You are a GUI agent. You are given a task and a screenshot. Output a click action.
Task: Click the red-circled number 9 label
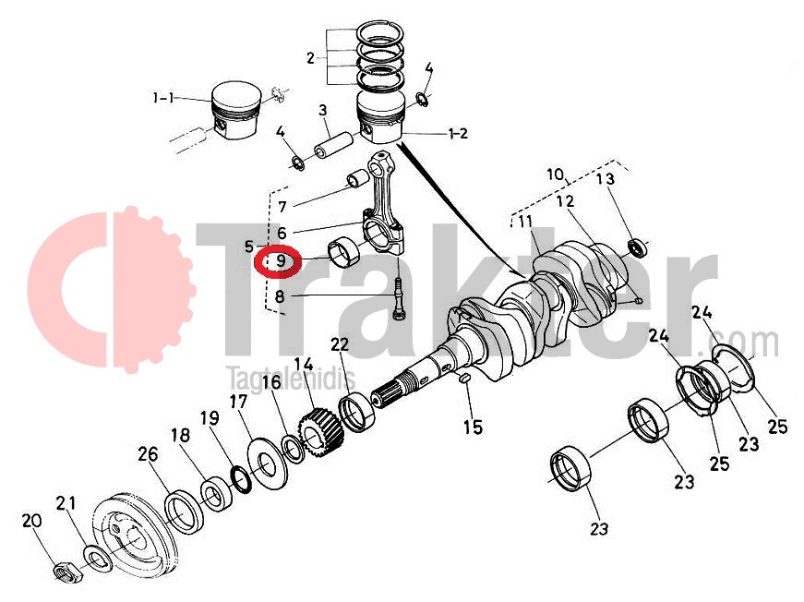click(x=279, y=262)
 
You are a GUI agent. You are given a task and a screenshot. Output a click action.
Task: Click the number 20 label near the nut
click(x=31, y=522)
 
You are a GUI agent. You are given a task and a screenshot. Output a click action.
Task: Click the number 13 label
click(x=604, y=179)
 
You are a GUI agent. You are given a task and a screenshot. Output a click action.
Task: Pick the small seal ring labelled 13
click(x=637, y=247)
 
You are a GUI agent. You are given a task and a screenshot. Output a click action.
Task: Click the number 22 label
click(x=340, y=344)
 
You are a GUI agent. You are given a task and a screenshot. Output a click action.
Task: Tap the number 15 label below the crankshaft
click(x=473, y=427)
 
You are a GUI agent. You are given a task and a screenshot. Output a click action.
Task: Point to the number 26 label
click(x=148, y=454)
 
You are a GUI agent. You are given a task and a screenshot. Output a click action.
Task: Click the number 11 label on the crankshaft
click(x=524, y=222)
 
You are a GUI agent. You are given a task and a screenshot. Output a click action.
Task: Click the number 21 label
click(x=65, y=503)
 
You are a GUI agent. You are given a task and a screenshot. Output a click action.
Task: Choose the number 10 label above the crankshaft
click(x=554, y=174)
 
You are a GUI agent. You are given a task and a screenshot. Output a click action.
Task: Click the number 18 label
click(x=179, y=436)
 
